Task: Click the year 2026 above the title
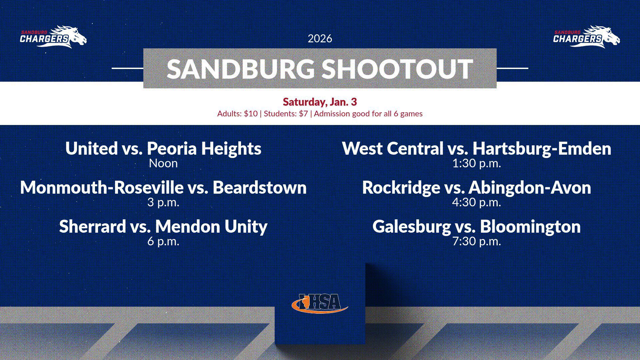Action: click(x=320, y=39)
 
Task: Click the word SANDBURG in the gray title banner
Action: click(x=240, y=69)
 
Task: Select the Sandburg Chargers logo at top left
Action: click(x=53, y=37)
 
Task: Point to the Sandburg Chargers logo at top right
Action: click(x=587, y=37)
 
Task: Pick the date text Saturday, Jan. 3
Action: click(x=320, y=102)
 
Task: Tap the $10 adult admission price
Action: click(x=251, y=114)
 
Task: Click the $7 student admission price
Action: click(x=303, y=114)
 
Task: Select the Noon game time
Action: click(x=163, y=163)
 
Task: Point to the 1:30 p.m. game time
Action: click(x=477, y=164)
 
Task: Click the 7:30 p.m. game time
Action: click(x=477, y=241)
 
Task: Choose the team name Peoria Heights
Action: click(x=204, y=149)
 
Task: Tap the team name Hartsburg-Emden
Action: click(x=542, y=149)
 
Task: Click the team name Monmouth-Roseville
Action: click(x=101, y=187)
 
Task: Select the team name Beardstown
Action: click(x=260, y=187)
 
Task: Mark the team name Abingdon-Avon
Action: click(x=530, y=188)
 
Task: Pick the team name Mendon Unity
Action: click(x=211, y=227)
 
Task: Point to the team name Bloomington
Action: click(x=530, y=227)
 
